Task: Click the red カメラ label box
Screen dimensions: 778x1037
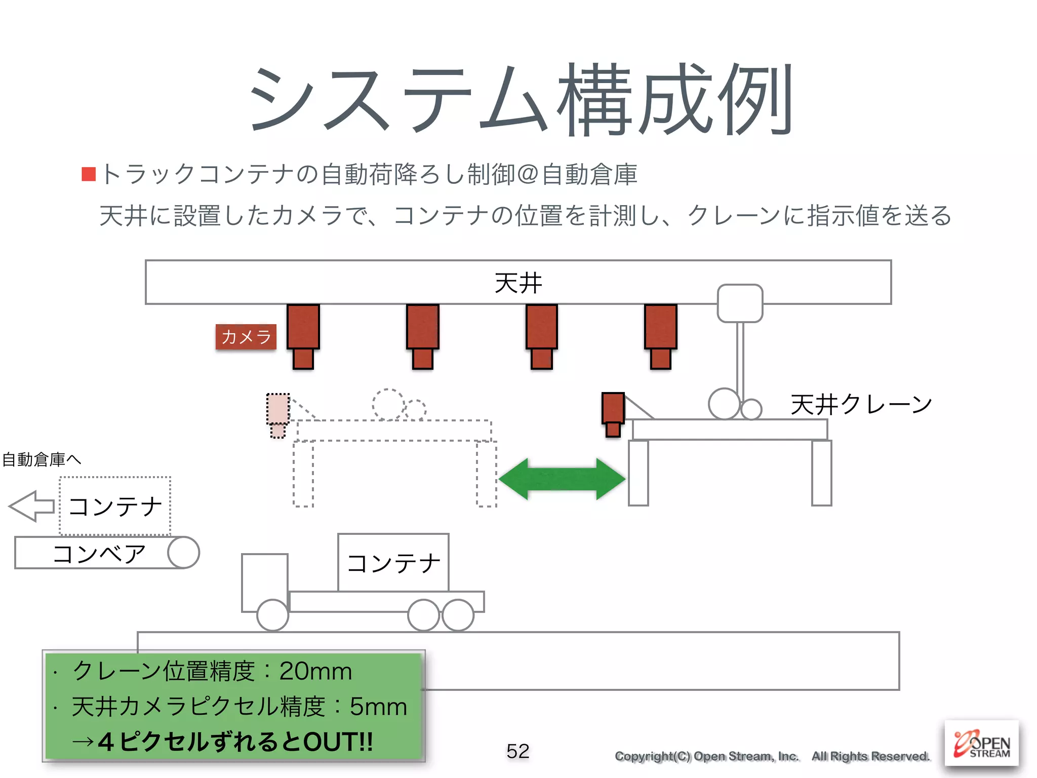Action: (x=246, y=337)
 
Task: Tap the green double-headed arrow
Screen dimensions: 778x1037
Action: (x=562, y=479)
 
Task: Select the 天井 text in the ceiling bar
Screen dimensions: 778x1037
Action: (x=518, y=283)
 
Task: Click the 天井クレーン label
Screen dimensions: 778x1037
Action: (x=861, y=405)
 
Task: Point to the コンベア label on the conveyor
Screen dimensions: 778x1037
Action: (x=99, y=554)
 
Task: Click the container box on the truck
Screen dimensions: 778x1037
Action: (x=393, y=562)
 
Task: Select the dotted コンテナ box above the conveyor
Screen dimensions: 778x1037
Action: (x=115, y=506)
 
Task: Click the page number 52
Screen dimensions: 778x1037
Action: (x=517, y=751)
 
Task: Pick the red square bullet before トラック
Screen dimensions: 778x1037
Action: (x=89, y=174)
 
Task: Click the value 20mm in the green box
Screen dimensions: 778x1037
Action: (x=315, y=671)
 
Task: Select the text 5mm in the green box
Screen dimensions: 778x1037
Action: (x=378, y=707)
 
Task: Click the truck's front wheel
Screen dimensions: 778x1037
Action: (x=272, y=615)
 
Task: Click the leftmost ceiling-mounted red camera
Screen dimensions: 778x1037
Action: (x=303, y=335)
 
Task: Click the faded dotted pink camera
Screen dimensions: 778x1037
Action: (x=278, y=414)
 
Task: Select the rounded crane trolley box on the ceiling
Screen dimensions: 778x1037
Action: (x=740, y=303)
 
